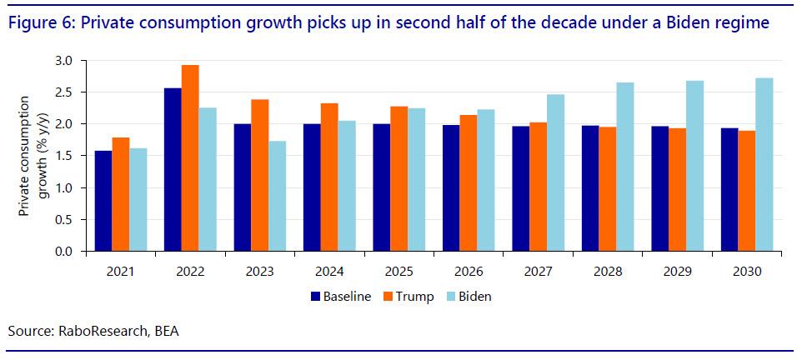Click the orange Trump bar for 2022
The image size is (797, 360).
click(x=189, y=158)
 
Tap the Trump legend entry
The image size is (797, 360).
click(x=408, y=297)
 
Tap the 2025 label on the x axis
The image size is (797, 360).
click(x=398, y=271)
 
